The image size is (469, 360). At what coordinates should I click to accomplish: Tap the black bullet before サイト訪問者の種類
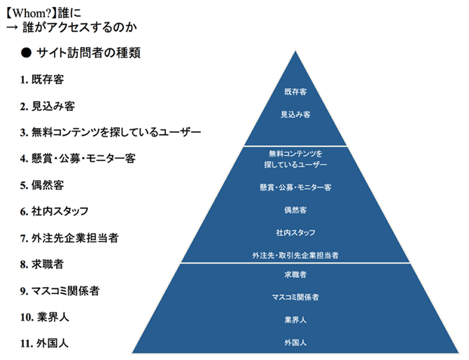tap(26, 53)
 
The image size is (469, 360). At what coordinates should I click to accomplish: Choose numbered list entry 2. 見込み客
tap(48, 106)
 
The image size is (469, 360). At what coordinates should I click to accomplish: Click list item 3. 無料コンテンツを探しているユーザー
tap(111, 132)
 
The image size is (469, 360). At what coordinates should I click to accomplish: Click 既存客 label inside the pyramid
tap(295, 92)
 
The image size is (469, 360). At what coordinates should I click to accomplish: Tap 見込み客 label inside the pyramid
tap(295, 113)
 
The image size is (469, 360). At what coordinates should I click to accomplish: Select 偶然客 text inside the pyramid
tap(295, 209)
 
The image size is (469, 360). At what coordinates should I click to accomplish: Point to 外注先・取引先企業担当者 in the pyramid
tap(295, 256)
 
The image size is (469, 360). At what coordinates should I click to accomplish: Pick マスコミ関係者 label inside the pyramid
tap(295, 298)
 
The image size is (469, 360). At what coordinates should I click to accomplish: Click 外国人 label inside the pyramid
tap(295, 342)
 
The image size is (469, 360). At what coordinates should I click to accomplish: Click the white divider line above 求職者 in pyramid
tap(295, 263)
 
